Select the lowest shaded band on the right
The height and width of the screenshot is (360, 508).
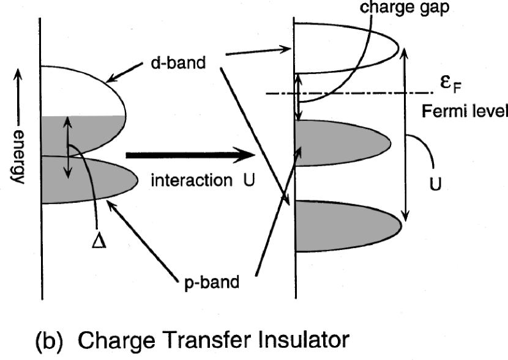343,225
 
